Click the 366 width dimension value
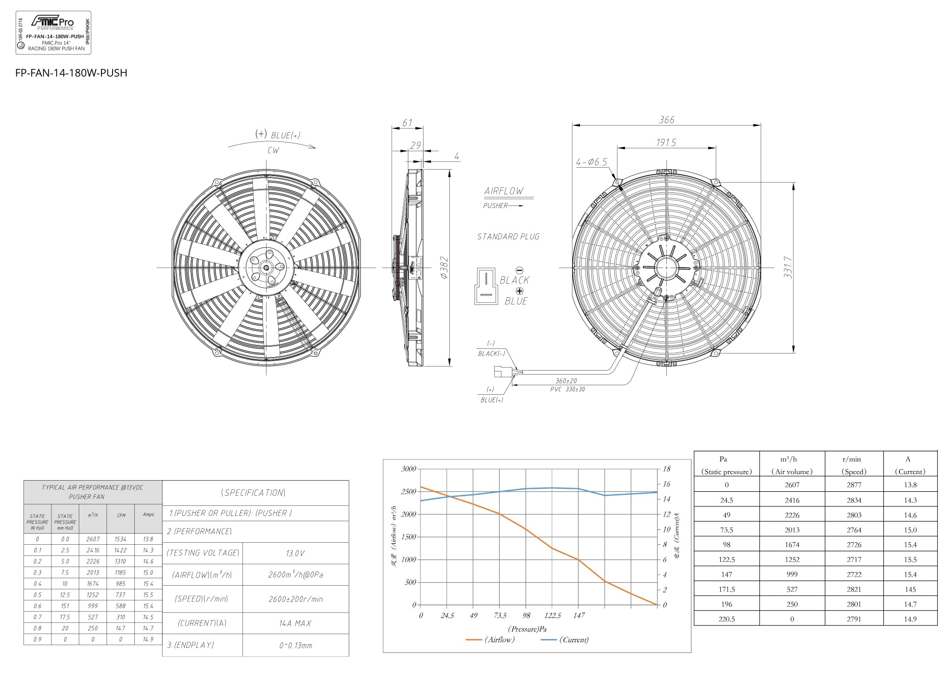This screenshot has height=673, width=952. click(666, 120)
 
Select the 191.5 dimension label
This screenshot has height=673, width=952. click(666, 142)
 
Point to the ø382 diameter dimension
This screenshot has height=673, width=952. click(444, 268)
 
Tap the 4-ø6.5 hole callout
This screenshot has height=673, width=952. click(591, 162)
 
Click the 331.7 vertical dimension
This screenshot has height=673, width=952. click(787, 267)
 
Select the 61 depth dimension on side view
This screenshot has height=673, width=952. click(407, 123)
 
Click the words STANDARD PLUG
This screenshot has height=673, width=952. click(508, 236)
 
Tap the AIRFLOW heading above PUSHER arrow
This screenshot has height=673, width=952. click(504, 191)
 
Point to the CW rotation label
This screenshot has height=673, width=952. click(273, 150)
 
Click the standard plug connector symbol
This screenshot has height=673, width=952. click(485, 286)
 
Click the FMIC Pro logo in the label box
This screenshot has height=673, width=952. click(52, 22)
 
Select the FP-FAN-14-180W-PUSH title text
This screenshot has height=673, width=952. click(71, 73)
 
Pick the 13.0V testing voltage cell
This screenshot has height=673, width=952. click(295, 553)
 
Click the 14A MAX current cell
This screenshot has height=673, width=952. click(295, 624)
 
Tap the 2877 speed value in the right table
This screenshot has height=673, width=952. click(854, 485)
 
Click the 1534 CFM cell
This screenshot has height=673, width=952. click(121, 539)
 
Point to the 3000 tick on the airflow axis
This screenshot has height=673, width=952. click(408, 469)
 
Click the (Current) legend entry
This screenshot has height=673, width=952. click(574, 640)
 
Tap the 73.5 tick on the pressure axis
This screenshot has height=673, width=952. click(500, 615)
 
